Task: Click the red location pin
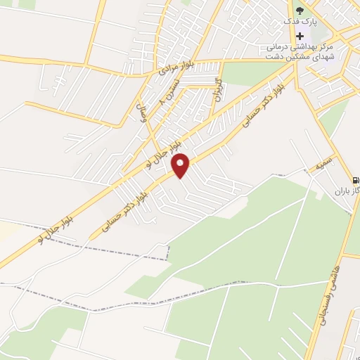[181, 165]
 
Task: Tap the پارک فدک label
[300, 22]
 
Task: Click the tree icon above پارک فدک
[300, 10]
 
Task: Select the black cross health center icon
[300, 36]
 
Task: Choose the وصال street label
[141, 114]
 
